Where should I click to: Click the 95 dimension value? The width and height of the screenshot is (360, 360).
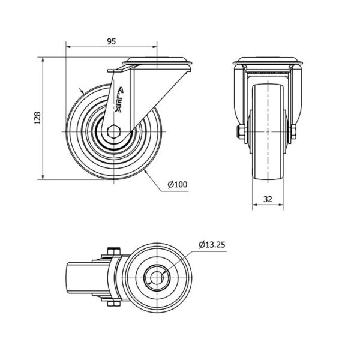(x=112, y=41)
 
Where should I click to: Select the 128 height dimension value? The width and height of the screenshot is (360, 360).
(x=37, y=118)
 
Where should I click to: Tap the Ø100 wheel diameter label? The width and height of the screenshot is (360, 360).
(x=178, y=184)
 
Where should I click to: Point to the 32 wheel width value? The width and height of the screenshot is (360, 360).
(x=268, y=199)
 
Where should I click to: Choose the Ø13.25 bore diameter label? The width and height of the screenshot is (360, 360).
(x=212, y=245)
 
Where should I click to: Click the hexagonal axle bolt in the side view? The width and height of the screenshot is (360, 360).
(x=113, y=131)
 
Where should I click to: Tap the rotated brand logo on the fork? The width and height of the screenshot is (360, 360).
(x=119, y=100)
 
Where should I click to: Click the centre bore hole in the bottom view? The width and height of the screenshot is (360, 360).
(x=157, y=278)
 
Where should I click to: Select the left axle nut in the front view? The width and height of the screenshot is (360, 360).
(x=241, y=132)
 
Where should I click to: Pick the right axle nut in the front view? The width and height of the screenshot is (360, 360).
(x=293, y=132)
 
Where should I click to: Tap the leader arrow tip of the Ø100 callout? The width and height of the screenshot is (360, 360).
(x=145, y=170)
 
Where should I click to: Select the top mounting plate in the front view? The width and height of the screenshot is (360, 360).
(x=268, y=61)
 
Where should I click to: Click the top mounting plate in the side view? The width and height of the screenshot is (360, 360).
(x=157, y=61)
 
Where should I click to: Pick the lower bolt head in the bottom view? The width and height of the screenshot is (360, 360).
(x=113, y=304)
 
